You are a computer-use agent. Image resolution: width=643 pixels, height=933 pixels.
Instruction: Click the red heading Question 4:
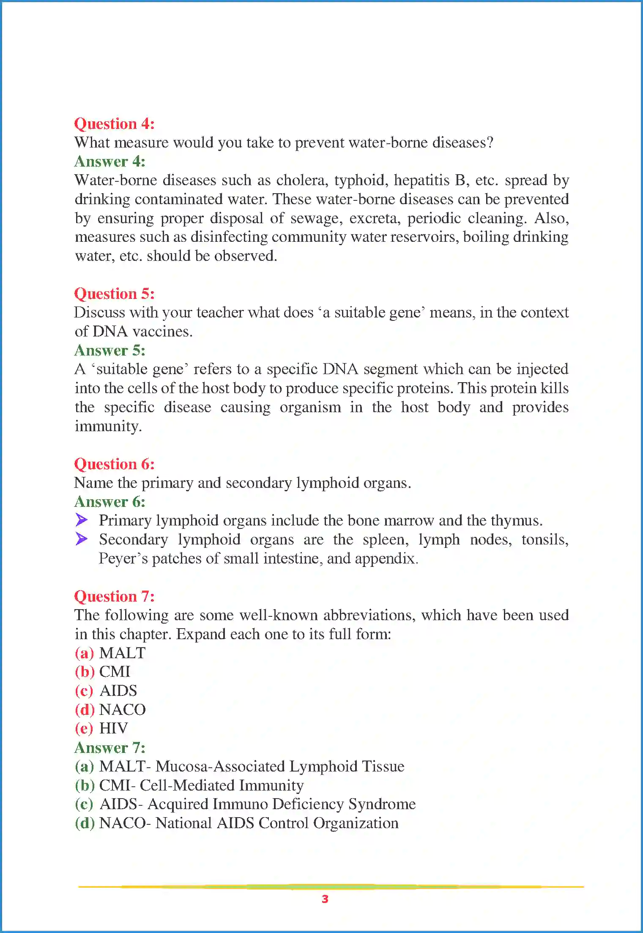click(x=114, y=124)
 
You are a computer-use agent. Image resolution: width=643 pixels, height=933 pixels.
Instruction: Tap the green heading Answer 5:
click(x=109, y=350)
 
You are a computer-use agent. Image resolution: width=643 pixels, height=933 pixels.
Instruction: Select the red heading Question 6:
click(x=114, y=464)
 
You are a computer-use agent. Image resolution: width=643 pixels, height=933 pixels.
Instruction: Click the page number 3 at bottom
click(x=325, y=899)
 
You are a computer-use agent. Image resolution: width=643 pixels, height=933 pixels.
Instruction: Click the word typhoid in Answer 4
click(x=361, y=181)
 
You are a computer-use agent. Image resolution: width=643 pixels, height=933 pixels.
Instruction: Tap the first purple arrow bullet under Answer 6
click(x=82, y=520)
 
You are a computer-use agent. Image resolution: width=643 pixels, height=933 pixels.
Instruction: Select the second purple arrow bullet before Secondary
click(x=82, y=539)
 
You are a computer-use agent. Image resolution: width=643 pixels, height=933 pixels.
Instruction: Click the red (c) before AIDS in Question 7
click(x=84, y=691)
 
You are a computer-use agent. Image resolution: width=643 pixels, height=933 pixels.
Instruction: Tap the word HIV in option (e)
click(x=113, y=728)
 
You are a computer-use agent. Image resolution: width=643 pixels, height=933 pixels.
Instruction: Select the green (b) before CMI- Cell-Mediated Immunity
click(x=84, y=785)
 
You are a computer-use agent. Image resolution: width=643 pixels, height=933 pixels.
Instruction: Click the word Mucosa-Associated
click(x=220, y=766)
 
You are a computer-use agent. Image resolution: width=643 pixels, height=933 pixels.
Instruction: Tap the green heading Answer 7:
click(x=109, y=748)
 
